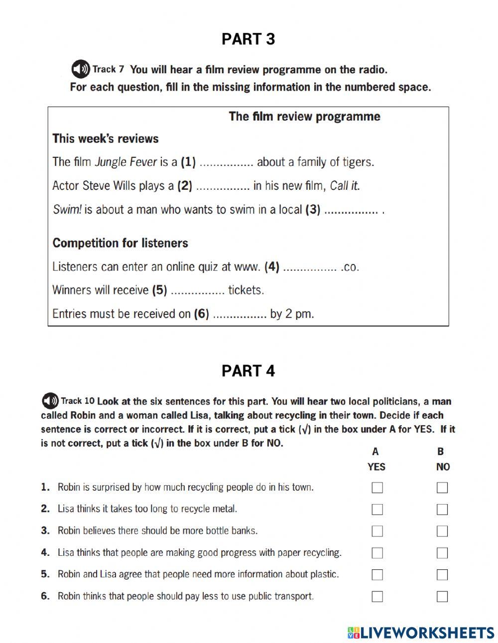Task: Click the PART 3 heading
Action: (248, 39)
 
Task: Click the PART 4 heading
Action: (248, 371)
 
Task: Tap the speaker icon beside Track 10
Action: (50, 401)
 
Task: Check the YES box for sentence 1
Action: (377, 488)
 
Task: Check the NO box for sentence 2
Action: (442, 510)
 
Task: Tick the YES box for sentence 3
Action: (377, 531)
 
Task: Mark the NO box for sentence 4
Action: (442, 553)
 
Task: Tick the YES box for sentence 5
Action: (377, 575)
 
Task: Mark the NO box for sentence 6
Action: (442, 597)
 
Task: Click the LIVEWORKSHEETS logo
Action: (421, 633)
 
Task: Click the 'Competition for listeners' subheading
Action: (121, 243)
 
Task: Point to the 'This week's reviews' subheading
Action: (106, 138)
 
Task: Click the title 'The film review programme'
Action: (304, 117)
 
